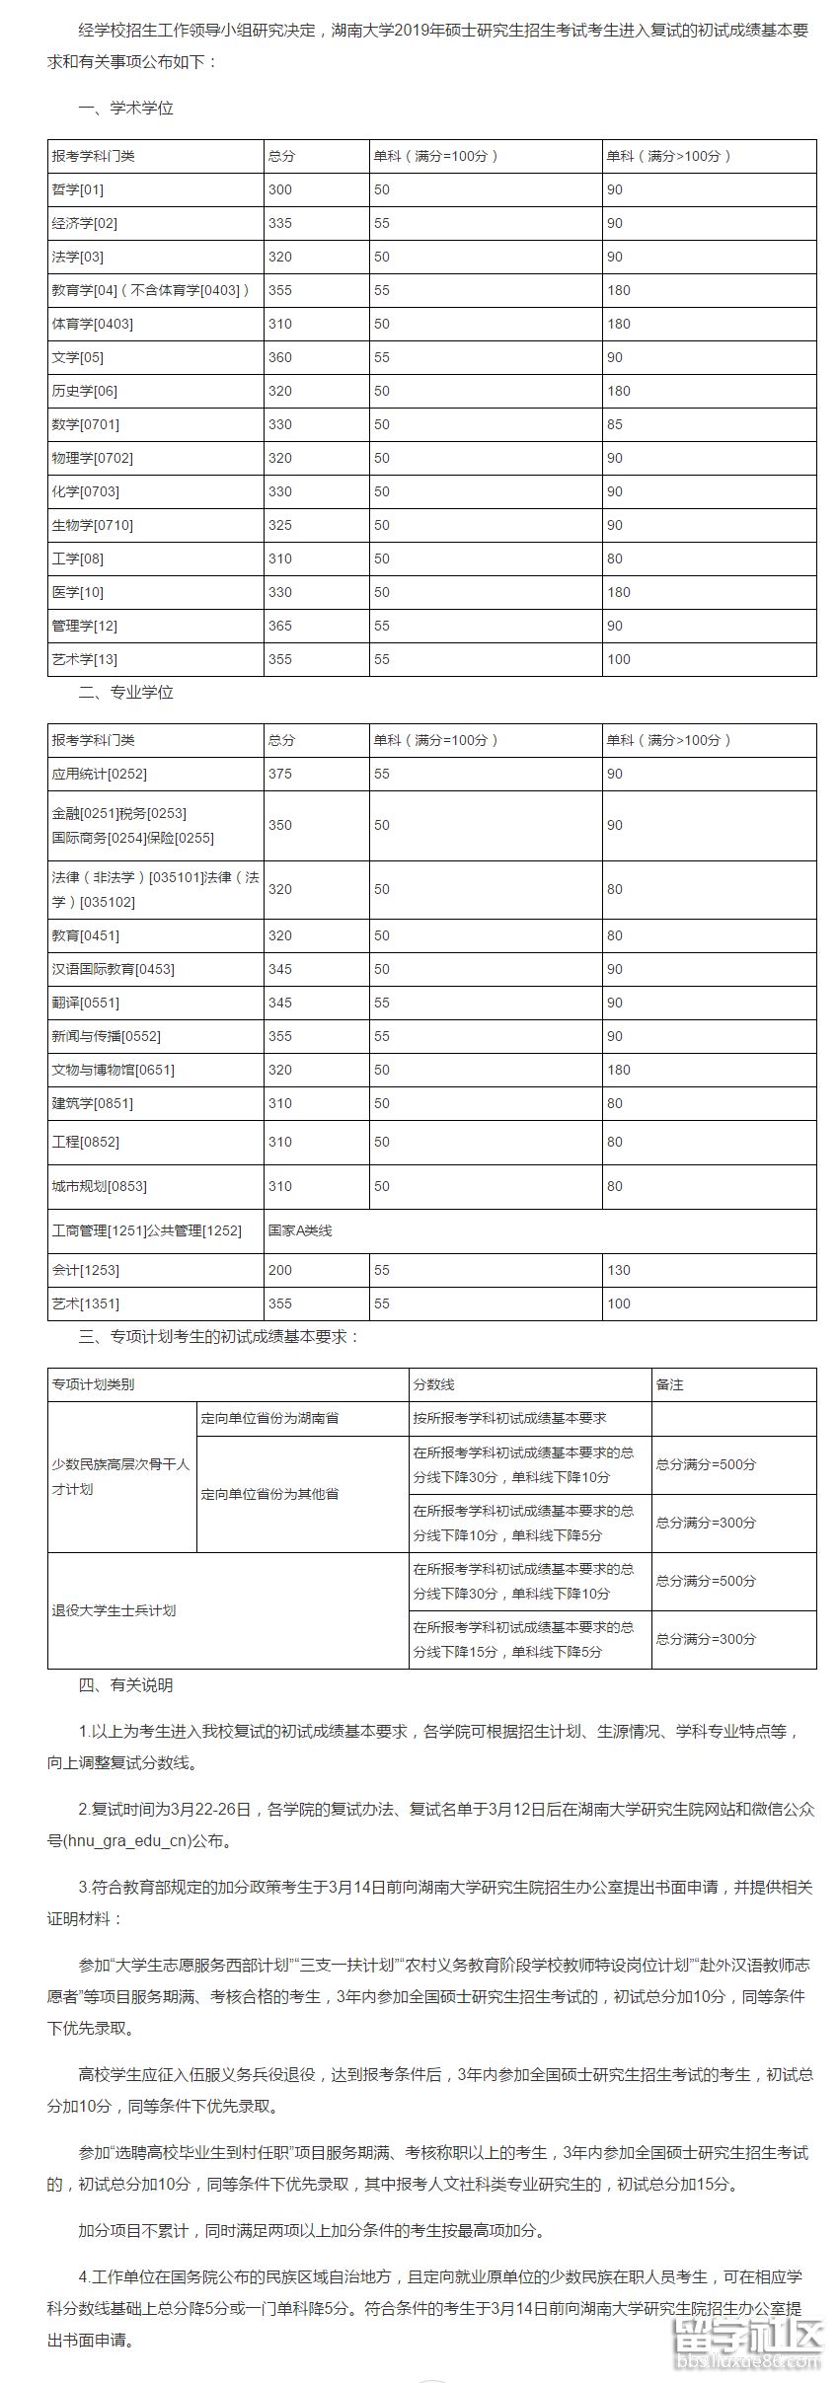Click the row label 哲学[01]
[x=78, y=189]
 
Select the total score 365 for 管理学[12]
[x=280, y=626]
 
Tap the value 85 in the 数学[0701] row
[x=615, y=424]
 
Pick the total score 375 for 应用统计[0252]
[x=280, y=774]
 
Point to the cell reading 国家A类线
[x=300, y=1230]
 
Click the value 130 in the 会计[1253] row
[x=619, y=1270]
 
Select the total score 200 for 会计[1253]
[x=280, y=1270]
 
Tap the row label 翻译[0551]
[x=86, y=1003]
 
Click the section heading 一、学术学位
[x=126, y=109]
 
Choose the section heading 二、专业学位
[x=126, y=693]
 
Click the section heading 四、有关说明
[x=126, y=1685]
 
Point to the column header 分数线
[x=434, y=1384]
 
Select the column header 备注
[x=669, y=1384]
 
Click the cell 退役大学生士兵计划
[x=114, y=1610]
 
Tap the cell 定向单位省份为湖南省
[x=269, y=1418]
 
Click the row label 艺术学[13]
[x=85, y=659]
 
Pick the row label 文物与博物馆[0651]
[x=114, y=1070]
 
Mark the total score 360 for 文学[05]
[x=280, y=357]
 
